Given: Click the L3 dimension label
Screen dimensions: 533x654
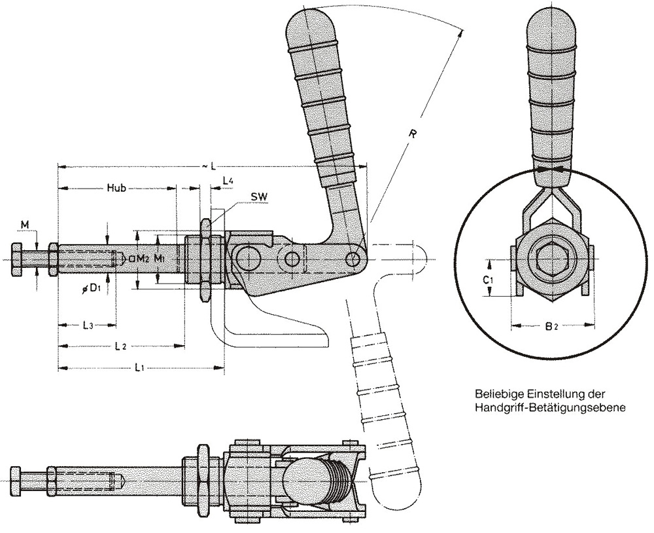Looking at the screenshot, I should tap(88, 325).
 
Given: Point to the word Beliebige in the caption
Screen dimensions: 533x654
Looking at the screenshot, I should tap(494, 395).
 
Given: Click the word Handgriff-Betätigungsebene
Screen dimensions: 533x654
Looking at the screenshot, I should tap(549, 408).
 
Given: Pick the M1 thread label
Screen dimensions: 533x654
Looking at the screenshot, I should tap(160, 258).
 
